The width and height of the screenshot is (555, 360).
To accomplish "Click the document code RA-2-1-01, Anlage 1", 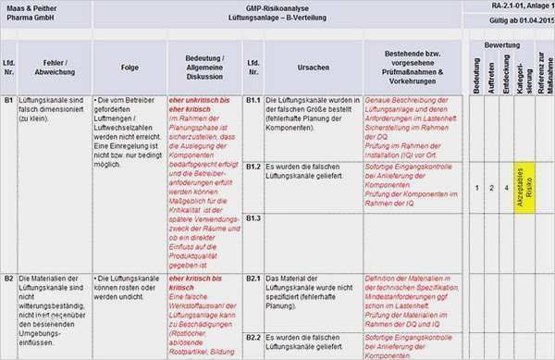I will click(517, 6).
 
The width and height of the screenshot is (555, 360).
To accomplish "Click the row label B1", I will click(9, 98).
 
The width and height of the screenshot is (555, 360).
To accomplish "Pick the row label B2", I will click(9, 278).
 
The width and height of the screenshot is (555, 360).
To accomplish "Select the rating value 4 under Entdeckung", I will click(507, 188).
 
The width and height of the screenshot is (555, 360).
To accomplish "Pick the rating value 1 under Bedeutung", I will click(476, 188).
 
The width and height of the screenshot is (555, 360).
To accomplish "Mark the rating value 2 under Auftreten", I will click(491, 188).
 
